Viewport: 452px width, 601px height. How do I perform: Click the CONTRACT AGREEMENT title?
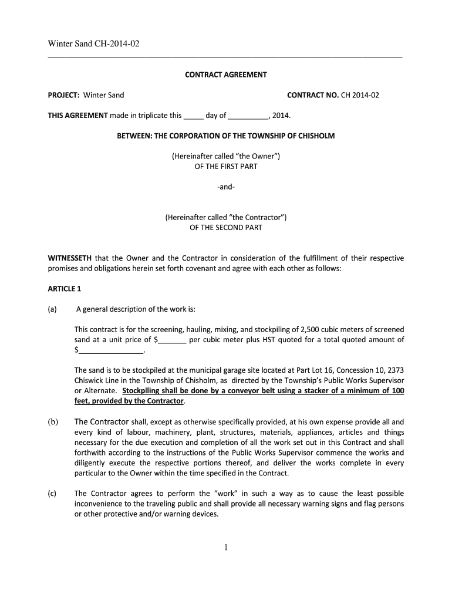pyautogui.click(x=226, y=75)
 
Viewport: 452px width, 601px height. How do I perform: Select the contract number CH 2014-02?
pyautogui.click(x=360, y=95)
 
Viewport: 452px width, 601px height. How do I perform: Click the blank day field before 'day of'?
pyautogui.click(x=193, y=116)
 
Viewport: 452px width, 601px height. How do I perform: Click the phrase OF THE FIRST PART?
pyautogui.click(x=226, y=166)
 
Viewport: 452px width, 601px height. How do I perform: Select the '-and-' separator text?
pyautogui.click(x=226, y=187)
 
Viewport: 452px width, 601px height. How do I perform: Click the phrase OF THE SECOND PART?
pyautogui.click(x=226, y=227)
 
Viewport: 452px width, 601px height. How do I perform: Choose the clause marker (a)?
pyautogui.click(x=52, y=309)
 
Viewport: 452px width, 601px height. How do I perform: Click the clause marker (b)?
pyautogui.click(x=52, y=422)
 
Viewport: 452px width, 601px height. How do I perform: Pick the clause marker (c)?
pyautogui.click(x=52, y=494)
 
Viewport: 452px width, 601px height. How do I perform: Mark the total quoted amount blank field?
pyautogui.click(x=111, y=351)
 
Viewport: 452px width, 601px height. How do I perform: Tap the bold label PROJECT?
pyautogui.click(x=63, y=95)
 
